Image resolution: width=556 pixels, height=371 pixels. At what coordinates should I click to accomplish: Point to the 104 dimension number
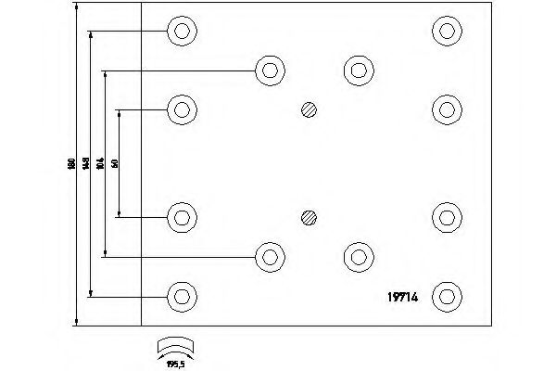pos(100,164)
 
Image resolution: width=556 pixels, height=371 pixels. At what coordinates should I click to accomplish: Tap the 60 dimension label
pos(114,164)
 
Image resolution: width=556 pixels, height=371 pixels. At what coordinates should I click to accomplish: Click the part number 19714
pos(400,297)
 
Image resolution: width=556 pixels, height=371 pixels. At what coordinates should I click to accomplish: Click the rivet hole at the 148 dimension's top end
pos(183,31)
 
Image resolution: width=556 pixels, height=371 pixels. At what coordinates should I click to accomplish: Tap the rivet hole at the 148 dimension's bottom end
pos(183,297)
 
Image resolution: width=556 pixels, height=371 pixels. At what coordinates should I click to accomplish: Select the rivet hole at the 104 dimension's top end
pos(270,70)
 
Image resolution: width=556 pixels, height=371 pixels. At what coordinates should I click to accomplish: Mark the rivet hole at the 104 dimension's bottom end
pos(270,257)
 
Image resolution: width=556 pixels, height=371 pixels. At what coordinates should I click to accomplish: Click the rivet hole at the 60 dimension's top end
pos(183,110)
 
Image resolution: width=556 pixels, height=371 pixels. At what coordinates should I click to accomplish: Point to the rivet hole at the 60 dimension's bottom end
pos(183,218)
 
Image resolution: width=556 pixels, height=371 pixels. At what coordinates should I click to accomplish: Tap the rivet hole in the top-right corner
pos(448,31)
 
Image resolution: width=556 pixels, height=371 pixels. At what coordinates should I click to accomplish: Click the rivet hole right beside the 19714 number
pos(448,297)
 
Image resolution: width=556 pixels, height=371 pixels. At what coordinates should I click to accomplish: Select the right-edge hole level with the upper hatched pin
pos(448,110)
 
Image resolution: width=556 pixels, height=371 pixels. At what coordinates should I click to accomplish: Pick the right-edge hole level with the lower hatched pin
pos(448,218)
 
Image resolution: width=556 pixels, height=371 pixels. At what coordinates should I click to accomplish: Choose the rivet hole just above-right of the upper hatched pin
pos(358,70)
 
